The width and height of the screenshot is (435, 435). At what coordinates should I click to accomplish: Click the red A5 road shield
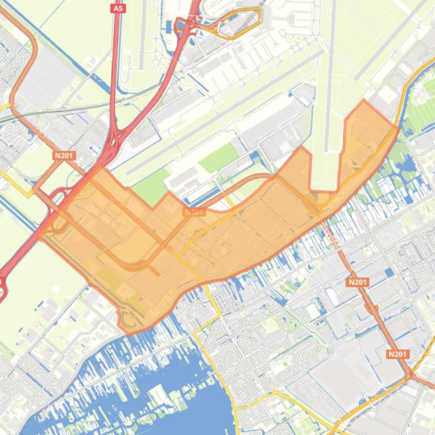tap(118, 8)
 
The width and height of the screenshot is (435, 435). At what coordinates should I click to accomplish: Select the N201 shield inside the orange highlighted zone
tap(194, 212)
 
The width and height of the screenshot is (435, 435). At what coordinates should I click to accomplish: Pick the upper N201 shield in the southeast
tap(358, 282)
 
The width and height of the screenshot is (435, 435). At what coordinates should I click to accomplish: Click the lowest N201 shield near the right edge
tap(398, 354)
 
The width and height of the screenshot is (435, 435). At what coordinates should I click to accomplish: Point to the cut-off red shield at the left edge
tap(2, 281)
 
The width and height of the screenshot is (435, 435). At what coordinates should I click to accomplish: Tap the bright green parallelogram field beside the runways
tap(219, 158)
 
